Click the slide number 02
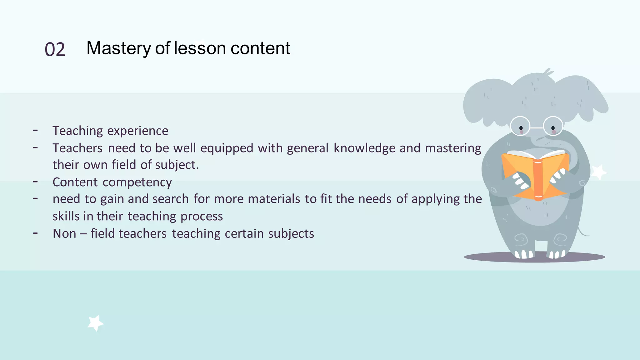click(55, 50)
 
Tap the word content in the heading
click(260, 48)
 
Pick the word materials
click(274, 199)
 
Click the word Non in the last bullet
click(64, 234)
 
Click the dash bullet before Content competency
click(36, 181)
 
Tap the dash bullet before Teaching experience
click(36, 130)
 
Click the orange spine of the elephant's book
click(538, 180)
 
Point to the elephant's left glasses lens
click(520, 126)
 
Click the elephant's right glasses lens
click(553, 126)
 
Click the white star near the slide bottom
click(95, 323)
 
